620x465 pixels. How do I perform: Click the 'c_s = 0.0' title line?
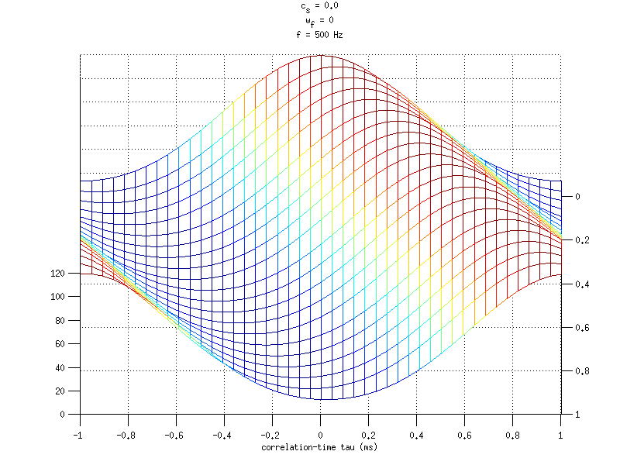click(x=320, y=6)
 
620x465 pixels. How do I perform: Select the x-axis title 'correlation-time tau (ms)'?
click(x=320, y=447)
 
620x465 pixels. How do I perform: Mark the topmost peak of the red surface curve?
click(x=320, y=55)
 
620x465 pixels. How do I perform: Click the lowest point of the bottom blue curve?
click(x=320, y=400)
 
